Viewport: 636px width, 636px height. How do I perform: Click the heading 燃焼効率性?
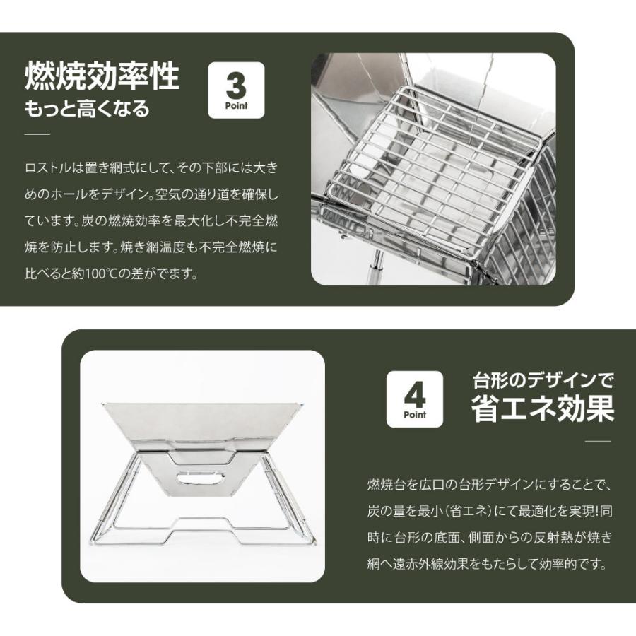tap(102, 76)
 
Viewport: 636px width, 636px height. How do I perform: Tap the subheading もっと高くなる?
tap(87, 110)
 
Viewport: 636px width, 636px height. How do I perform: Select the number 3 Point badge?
tap(236, 90)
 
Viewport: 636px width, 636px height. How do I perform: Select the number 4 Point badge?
tap(415, 399)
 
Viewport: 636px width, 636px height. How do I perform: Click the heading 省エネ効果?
tap(542, 410)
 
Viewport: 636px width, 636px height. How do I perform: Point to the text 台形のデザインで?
tap(542, 382)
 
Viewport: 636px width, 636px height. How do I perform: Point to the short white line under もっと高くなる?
tap(37, 134)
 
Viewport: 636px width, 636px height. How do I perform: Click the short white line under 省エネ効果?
tap(598, 441)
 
